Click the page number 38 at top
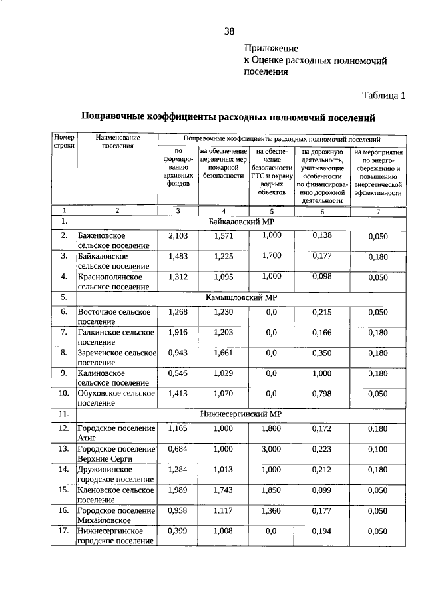[x=229, y=31]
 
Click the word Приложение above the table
[x=271, y=49]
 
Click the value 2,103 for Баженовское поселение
[x=178, y=236]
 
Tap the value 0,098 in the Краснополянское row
[x=321, y=275]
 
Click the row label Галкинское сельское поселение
[x=116, y=336]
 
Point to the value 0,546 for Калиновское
[x=178, y=373]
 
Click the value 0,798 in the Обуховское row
[x=321, y=393]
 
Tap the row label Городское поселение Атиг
[x=116, y=433]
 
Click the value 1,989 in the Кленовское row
[x=178, y=490]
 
